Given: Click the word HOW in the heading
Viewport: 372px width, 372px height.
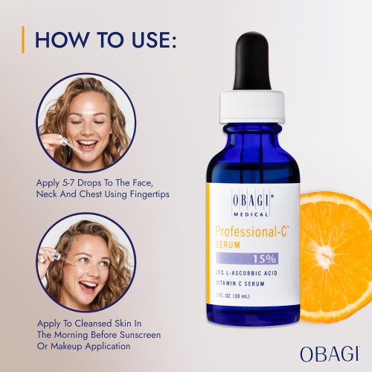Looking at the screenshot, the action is click(x=62, y=39).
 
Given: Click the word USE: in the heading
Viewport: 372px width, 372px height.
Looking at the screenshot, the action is click(x=154, y=39).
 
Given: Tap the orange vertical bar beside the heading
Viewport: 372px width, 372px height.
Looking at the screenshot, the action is click(x=23, y=39).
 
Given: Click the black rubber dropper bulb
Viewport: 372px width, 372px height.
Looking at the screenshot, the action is click(x=252, y=62).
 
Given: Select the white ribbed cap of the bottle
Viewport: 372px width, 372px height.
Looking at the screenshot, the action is click(x=252, y=107).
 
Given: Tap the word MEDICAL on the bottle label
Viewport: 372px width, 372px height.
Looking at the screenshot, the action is click(x=251, y=214).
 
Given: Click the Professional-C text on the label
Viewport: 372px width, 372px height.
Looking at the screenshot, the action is click(x=252, y=231).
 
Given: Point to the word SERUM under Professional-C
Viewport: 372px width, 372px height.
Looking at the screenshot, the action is click(x=228, y=245).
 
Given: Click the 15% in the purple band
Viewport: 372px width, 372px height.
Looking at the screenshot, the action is click(x=264, y=259).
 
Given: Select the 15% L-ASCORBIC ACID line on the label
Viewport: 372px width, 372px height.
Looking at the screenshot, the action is click(x=246, y=273).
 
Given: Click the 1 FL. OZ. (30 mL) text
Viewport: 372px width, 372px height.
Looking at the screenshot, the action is click(x=233, y=296).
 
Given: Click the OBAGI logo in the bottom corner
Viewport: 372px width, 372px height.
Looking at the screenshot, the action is click(x=330, y=354).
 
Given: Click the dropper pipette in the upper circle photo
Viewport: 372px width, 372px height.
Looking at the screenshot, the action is click(x=72, y=147).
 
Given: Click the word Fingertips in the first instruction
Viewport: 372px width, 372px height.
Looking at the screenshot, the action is click(x=150, y=194).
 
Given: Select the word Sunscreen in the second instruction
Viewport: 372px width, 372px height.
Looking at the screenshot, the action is click(x=140, y=335).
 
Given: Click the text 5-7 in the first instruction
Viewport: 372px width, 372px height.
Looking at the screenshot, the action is click(x=68, y=183).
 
